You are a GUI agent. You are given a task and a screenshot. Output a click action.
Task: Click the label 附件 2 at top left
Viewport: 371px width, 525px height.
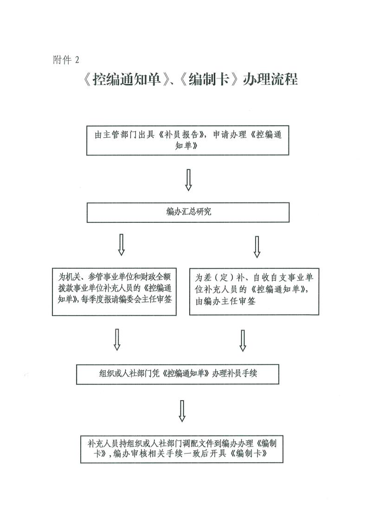tap(67, 60)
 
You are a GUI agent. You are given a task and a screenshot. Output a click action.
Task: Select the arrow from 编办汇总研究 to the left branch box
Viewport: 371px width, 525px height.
tap(122, 244)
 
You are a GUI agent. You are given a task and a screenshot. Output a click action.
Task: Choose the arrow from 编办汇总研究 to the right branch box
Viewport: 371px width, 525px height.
tap(257, 246)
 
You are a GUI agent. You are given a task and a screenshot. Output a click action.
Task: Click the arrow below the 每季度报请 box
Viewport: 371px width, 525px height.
tap(117, 340)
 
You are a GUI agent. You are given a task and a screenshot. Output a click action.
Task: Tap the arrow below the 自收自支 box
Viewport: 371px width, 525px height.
tap(243, 341)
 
